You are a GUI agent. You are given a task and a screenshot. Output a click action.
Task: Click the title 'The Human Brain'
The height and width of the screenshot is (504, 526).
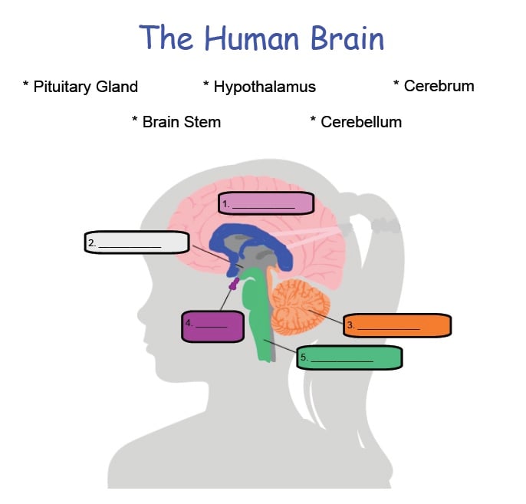click(x=261, y=37)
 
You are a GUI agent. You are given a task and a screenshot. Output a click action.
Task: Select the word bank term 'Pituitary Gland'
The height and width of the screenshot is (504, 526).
click(x=85, y=87)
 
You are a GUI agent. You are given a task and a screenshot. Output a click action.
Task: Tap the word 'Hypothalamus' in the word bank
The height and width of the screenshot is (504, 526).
click(x=264, y=87)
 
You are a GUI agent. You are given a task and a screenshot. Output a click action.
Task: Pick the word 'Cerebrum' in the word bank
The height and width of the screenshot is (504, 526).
click(x=439, y=86)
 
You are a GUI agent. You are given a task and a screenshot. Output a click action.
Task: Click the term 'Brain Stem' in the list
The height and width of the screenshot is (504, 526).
click(x=181, y=122)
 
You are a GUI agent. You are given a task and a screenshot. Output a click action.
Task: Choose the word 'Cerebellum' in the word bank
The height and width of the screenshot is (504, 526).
click(x=360, y=122)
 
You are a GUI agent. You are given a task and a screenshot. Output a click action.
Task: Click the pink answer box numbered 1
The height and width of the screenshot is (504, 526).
click(x=266, y=203)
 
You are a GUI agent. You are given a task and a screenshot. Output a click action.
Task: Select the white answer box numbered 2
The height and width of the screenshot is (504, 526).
click(x=137, y=242)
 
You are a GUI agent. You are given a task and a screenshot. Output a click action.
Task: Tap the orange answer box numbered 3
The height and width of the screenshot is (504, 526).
click(x=396, y=325)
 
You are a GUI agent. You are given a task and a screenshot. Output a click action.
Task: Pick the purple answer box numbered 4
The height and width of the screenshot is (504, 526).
click(x=212, y=326)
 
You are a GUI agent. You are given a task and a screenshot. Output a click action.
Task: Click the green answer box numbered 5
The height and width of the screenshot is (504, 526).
click(x=350, y=357)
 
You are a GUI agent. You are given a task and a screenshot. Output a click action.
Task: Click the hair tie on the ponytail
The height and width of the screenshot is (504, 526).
click(x=386, y=226)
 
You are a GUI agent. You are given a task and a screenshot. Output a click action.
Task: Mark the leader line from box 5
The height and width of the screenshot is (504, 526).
click(x=281, y=347)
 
